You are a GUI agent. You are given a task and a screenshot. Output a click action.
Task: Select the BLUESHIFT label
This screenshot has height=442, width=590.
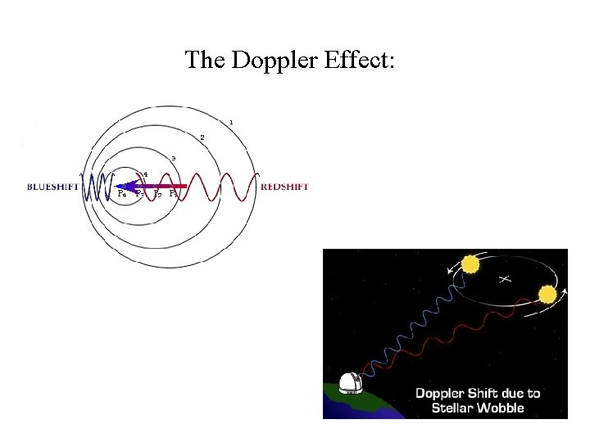pos(53,187)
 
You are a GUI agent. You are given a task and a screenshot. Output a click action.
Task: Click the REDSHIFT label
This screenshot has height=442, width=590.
pos(284,187)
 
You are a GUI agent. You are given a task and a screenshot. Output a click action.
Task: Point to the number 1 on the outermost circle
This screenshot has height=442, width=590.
pos(231,122)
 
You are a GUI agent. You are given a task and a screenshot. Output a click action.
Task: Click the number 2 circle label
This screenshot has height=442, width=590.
pos(202,136)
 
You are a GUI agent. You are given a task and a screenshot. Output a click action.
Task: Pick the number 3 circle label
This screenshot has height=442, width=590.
pos(173,156)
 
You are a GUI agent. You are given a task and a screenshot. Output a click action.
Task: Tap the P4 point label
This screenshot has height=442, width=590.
pos(122,195)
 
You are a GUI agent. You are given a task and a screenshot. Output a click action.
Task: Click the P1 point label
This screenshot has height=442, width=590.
pos(173,195)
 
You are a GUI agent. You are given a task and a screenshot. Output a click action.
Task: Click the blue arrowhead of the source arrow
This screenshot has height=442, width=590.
pos(121,187)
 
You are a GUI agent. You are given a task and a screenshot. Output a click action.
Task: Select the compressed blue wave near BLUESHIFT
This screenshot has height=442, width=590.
pos(96,187)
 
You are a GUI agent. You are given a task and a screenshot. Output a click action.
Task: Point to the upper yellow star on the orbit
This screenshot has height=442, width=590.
pos(470,264)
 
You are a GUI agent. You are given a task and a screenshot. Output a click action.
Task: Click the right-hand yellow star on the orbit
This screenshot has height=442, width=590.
pos(547,294)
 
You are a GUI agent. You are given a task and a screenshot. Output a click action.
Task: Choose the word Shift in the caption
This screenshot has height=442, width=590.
pos(496,393)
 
